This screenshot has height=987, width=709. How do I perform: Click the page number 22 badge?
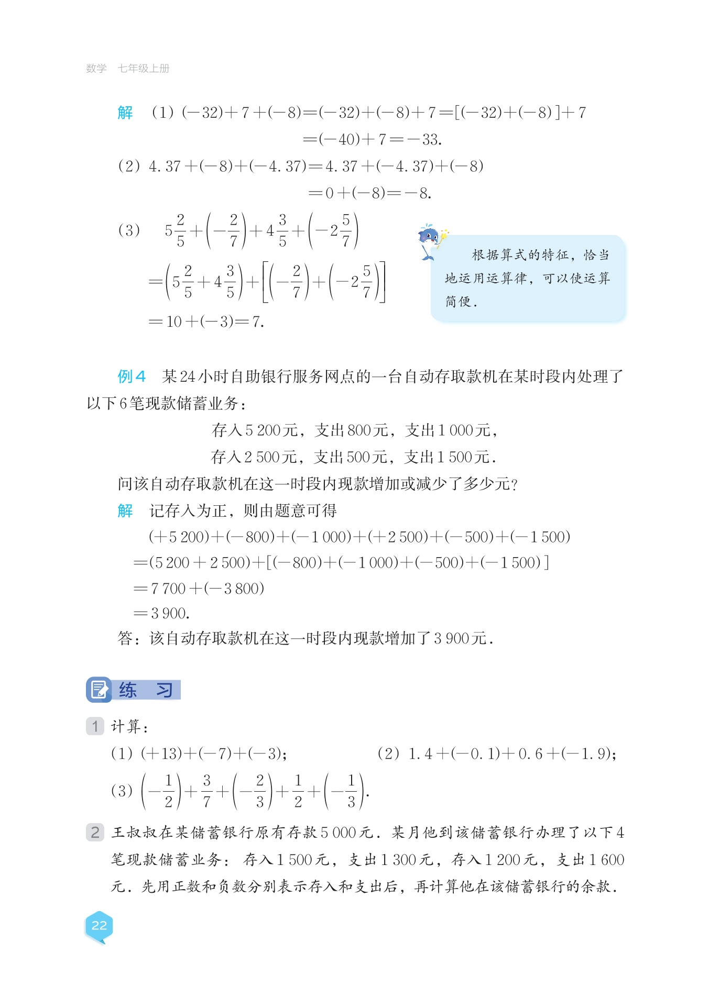[x=99, y=925]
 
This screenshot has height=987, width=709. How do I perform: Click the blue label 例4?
[x=131, y=376]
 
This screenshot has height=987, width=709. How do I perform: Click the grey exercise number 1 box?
[x=95, y=726]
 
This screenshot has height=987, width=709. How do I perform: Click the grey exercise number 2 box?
[x=95, y=832]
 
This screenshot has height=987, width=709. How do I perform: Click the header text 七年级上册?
[x=143, y=69]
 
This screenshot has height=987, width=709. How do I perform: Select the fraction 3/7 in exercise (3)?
[x=206, y=791]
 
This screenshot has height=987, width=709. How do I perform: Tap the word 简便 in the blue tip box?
[x=459, y=302]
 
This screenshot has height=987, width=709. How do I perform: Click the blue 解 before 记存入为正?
[x=125, y=511]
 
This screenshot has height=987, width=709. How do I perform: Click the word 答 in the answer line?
[x=125, y=638]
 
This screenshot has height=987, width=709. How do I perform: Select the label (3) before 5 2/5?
[x=129, y=230]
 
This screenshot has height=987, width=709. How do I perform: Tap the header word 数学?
[x=96, y=69]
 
